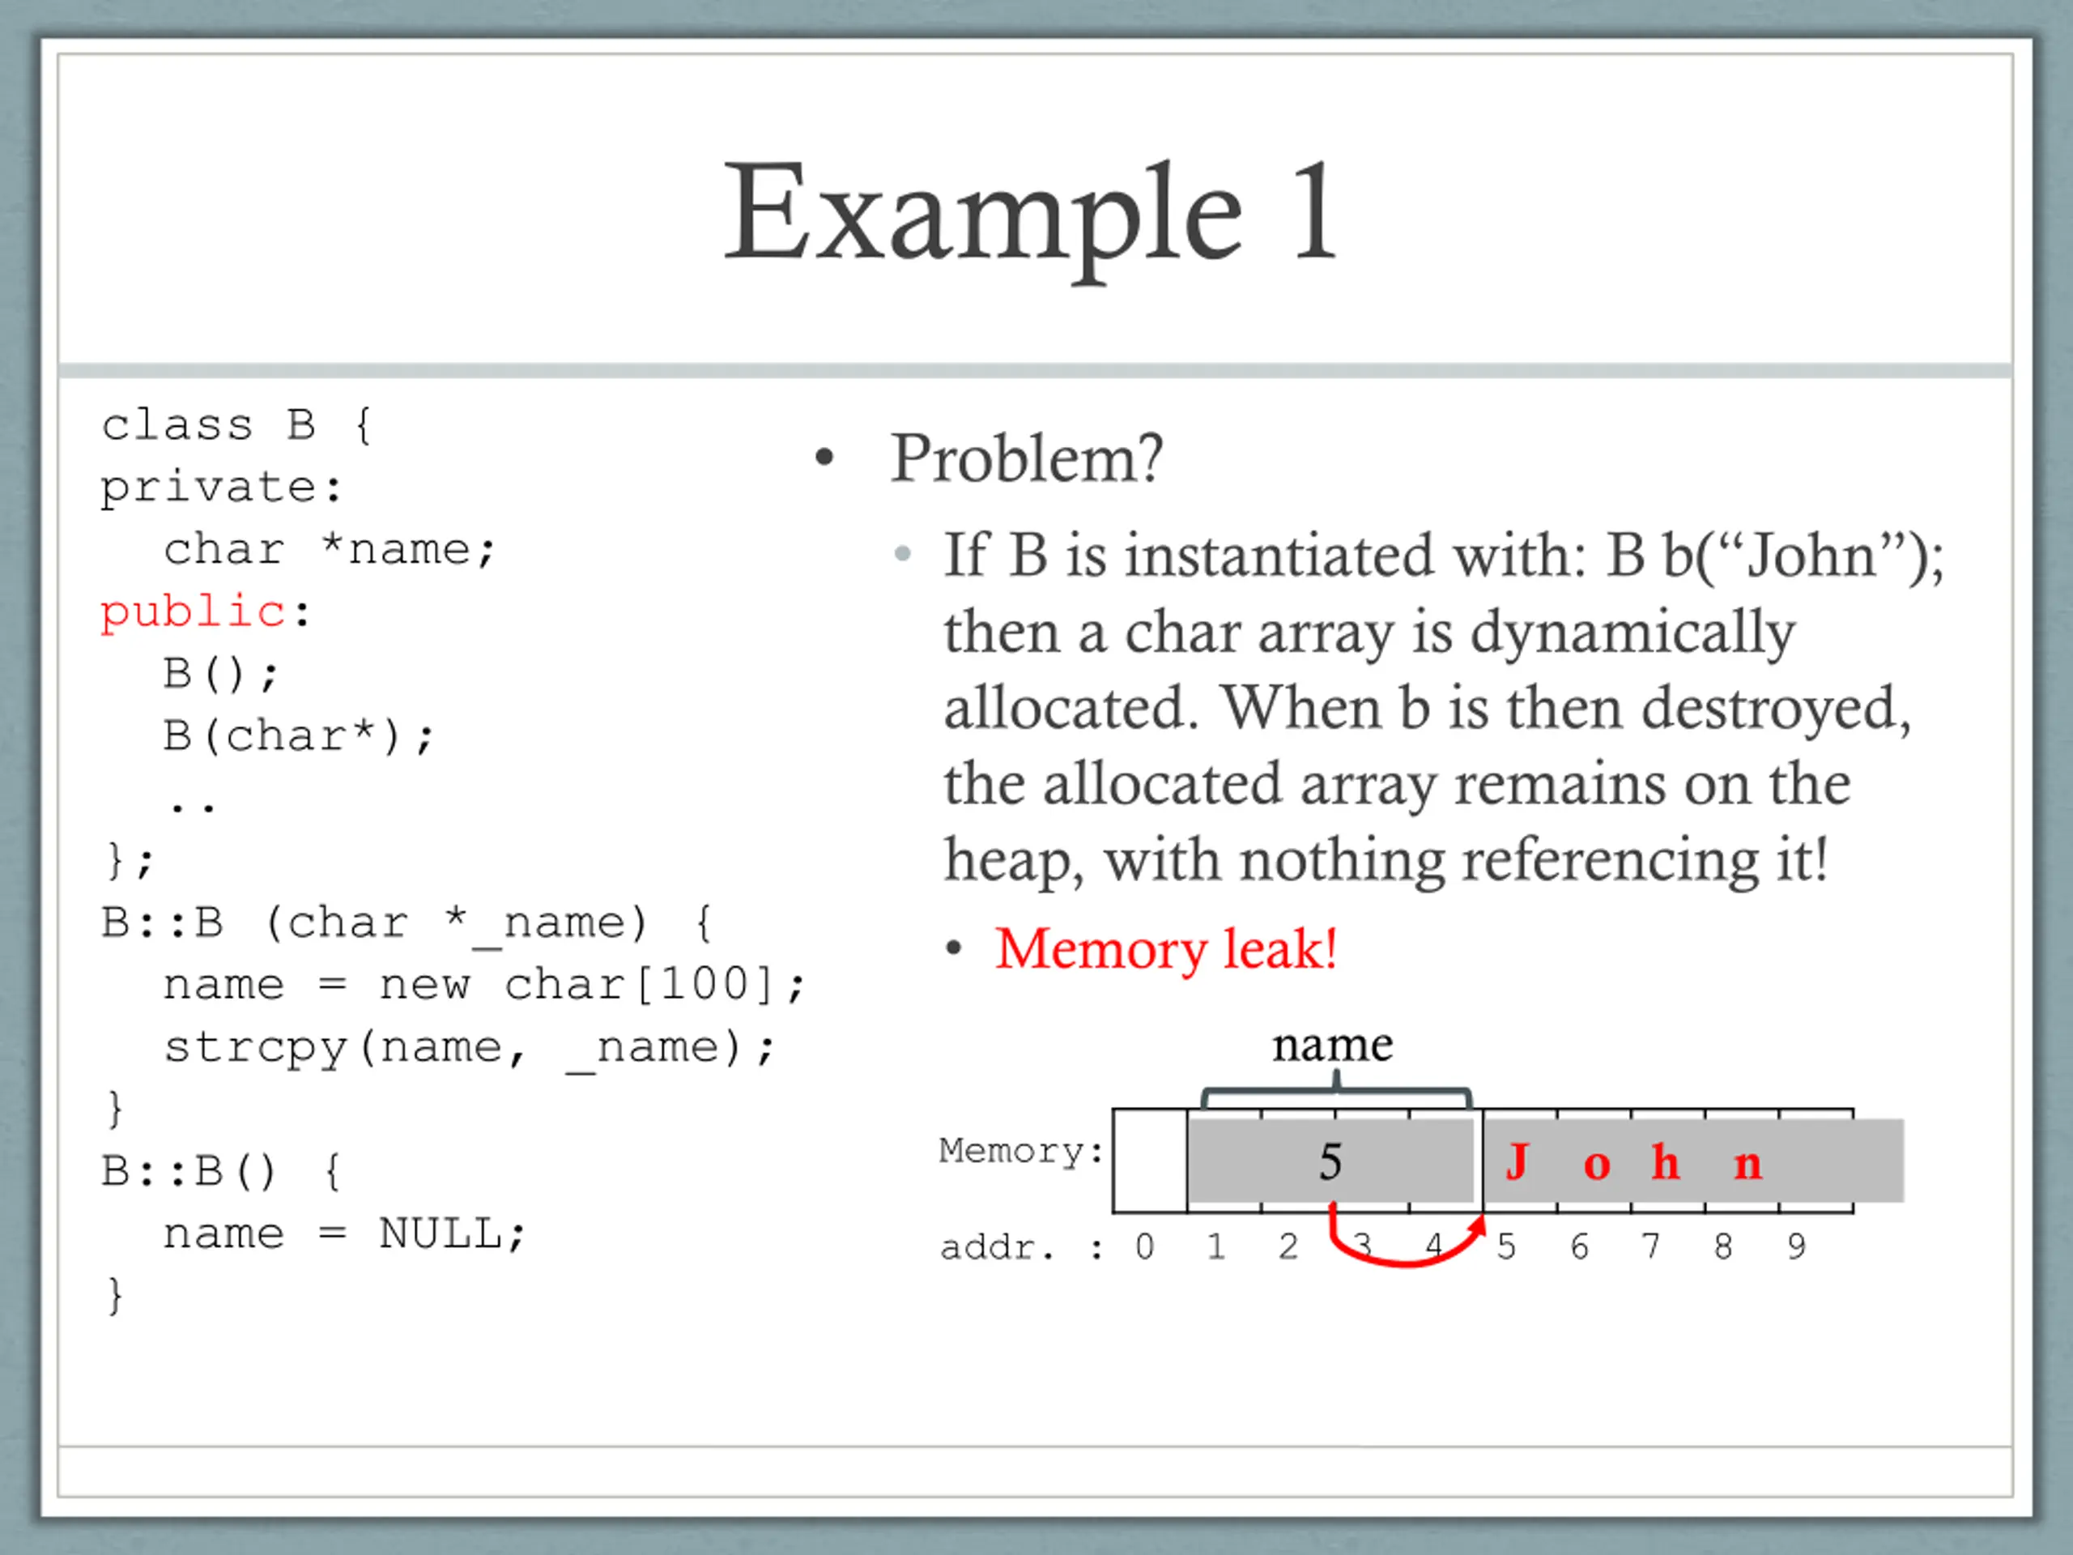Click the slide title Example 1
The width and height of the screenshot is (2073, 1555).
click(x=1031, y=214)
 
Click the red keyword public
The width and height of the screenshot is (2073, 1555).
click(x=193, y=613)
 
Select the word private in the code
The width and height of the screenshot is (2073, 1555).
click(x=208, y=488)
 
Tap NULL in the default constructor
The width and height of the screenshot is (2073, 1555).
click(x=440, y=1233)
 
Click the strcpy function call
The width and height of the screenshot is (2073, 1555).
click(x=255, y=1048)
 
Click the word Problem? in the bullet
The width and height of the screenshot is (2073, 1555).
click(x=1026, y=459)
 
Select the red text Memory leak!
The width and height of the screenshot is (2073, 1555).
click(x=1166, y=949)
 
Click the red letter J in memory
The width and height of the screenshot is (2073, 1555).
click(x=1518, y=1162)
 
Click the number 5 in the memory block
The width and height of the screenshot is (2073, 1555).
click(x=1330, y=1162)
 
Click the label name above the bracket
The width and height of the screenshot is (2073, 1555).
click(x=1332, y=1045)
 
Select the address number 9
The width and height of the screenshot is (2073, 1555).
click(x=1795, y=1247)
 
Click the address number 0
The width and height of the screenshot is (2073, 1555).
click(x=1144, y=1247)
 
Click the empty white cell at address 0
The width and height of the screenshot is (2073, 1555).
click(x=1150, y=1161)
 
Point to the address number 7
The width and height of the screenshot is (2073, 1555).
click(x=1650, y=1247)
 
